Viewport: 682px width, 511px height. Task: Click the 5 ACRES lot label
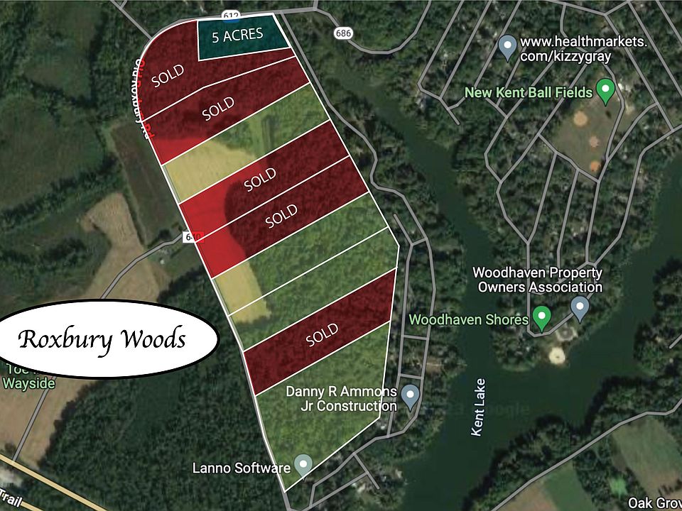click(237, 35)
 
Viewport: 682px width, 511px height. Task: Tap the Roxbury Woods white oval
click(102, 339)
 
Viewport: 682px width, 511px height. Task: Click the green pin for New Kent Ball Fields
click(605, 90)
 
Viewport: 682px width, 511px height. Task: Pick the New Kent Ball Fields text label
click(529, 92)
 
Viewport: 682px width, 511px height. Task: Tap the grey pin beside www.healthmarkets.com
click(507, 48)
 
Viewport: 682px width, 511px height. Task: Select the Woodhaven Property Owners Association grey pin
click(580, 308)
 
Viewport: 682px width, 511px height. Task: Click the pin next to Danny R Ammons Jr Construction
click(409, 396)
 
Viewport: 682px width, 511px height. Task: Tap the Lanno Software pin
click(303, 465)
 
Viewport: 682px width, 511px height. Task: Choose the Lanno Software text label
click(242, 468)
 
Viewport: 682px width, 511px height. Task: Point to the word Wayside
click(28, 383)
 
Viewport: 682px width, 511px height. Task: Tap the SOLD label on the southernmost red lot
click(322, 334)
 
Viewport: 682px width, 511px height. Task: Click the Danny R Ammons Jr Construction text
click(341, 399)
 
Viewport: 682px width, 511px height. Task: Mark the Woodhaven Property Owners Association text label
click(537, 280)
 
